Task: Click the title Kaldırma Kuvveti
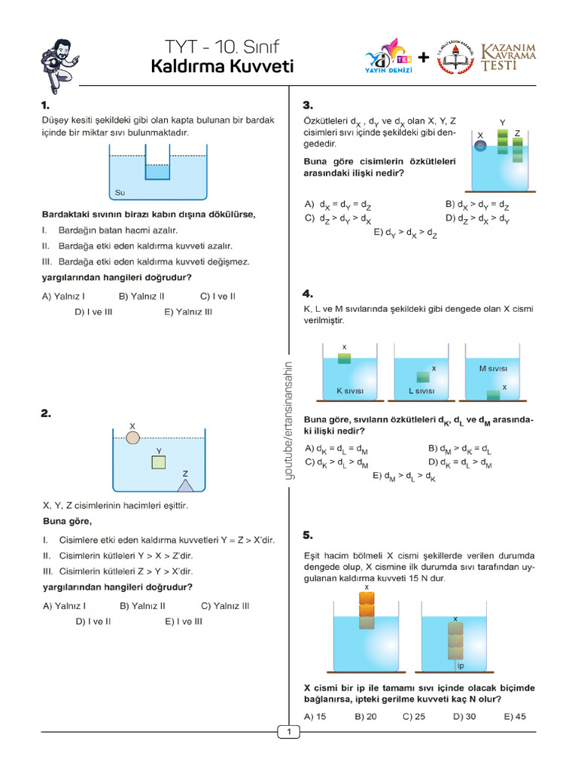tap(222, 67)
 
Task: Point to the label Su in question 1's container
tap(120, 193)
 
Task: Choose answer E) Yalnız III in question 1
tap(188, 312)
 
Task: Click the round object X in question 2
tap(132, 437)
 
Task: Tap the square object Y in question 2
tap(158, 462)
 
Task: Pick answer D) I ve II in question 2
tap(93, 621)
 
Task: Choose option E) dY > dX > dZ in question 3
tap(406, 233)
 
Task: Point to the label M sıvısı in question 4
tap(493, 368)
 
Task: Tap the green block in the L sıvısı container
tap(423, 378)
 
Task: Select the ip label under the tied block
tap(461, 666)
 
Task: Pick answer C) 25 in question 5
tap(414, 716)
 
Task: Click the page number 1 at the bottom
tap(289, 731)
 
